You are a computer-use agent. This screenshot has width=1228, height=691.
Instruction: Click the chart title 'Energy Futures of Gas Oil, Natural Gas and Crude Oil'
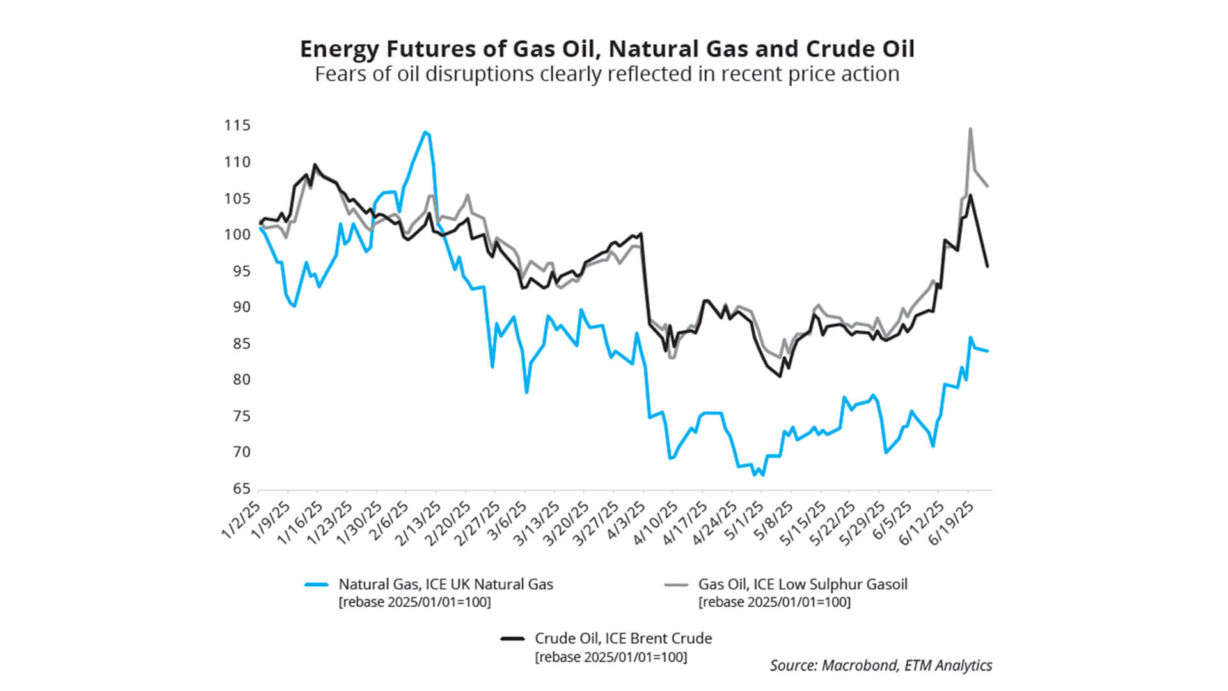[x=607, y=49]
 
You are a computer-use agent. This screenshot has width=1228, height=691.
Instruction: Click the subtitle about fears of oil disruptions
[x=607, y=74]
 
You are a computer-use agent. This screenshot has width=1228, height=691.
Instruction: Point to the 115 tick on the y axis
[x=237, y=125]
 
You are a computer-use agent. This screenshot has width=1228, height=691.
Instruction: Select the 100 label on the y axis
[x=237, y=235]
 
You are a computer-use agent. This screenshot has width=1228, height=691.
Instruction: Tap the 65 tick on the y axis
[x=241, y=489]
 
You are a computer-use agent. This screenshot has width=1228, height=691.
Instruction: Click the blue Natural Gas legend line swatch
[x=317, y=585]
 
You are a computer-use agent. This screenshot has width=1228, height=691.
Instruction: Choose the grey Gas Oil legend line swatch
[x=676, y=585]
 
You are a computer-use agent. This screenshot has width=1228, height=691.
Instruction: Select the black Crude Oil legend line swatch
[x=512, y=639]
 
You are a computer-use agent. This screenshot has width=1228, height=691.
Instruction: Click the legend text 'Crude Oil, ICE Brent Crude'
[x=623, y=639]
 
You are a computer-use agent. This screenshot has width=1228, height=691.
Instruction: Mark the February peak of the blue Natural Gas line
[x=425, y=132]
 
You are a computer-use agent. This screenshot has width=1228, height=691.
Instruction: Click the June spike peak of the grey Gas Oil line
[x=970, y=129]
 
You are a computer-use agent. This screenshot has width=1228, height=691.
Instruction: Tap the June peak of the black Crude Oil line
[x=970, y=196]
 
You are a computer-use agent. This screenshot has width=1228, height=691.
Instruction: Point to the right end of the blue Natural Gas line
[x=988, y=351]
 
